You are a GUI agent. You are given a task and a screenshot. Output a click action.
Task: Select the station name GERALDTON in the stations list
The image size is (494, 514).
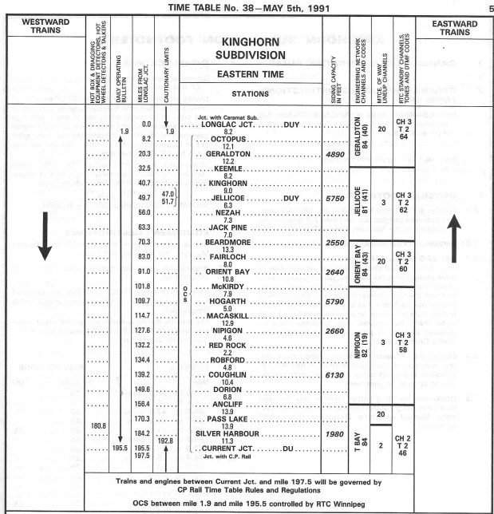pyautogui.click(x=229, y=153)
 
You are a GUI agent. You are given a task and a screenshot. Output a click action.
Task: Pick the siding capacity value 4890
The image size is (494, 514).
pyautogui.click(x=334, y=153)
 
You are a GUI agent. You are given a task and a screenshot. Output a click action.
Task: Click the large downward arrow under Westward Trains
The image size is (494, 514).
pyautogui.click(x=45, y=239)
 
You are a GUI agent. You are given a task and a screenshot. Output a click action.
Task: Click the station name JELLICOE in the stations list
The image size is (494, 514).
pyautogui.click(x=229, y=197)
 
